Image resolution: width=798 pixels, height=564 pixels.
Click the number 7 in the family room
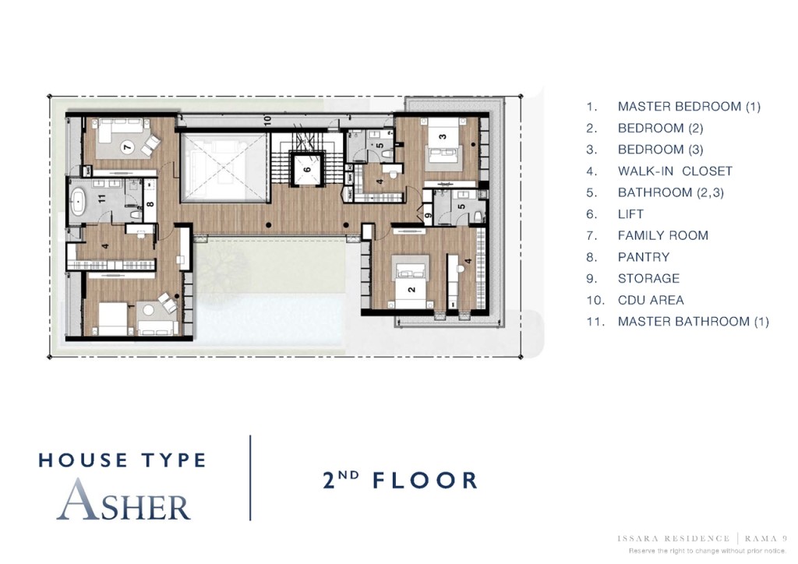click(x=129, y=146)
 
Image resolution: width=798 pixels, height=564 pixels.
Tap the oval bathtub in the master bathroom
click(x=79, y=201)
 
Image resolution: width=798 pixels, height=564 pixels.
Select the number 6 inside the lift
click(x=306, y=169)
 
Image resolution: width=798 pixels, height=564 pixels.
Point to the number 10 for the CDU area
click(x=267, y=120)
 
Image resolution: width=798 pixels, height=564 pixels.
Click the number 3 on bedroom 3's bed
click(x=443, y=138)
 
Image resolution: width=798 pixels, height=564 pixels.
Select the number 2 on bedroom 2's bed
click(x=411, y=287)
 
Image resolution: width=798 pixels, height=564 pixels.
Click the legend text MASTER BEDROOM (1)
click(x=689, y=107)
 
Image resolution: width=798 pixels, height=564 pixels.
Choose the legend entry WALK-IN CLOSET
click(x=675, y=171)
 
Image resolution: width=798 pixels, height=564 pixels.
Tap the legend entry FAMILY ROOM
click(x=662, y=235)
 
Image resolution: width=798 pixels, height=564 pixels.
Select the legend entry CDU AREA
click(x=651, y=300)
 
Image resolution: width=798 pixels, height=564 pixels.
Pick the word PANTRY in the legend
click(x=643, y=257)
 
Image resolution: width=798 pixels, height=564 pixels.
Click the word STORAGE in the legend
click(x=648, y=278)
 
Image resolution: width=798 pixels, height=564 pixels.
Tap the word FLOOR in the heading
click(x=425, y=480)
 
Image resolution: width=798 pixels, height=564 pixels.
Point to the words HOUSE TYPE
click(x=122, y=460)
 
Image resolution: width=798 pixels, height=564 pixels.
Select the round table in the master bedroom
click(x=148, y=310)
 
